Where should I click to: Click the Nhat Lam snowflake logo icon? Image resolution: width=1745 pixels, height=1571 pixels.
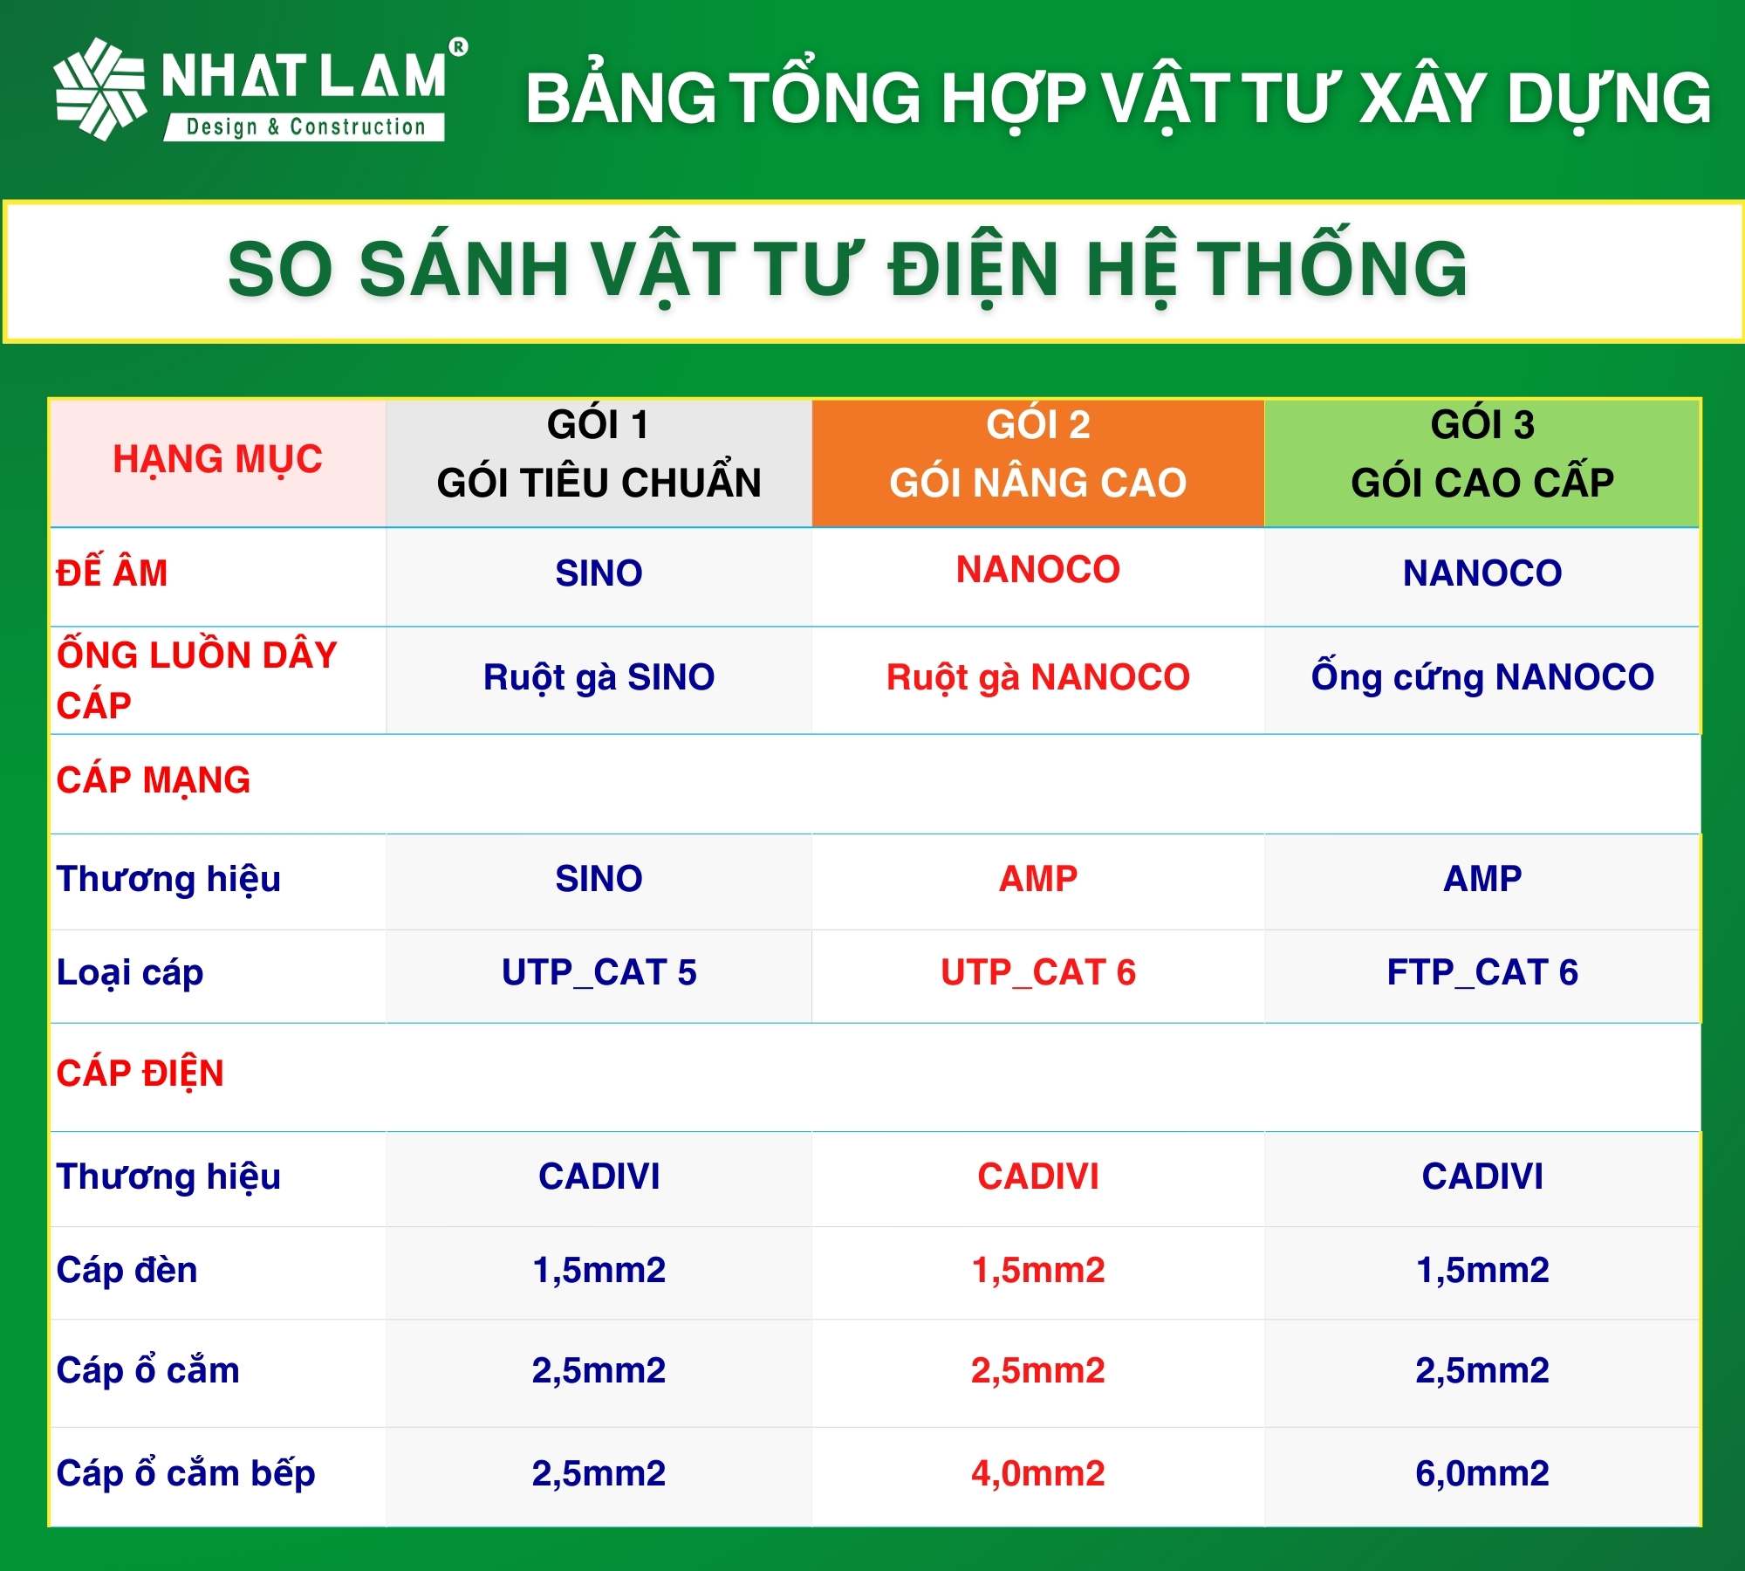[x=99, y=88]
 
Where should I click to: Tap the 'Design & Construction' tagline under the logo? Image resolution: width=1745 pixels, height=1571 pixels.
[x=305, y=127]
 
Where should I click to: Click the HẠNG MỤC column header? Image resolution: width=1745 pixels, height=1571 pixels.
[x=217, y=460]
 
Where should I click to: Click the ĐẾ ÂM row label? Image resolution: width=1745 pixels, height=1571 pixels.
[x=112, y=573]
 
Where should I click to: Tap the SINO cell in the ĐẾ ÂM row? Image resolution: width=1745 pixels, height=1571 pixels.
[x=599, y=573]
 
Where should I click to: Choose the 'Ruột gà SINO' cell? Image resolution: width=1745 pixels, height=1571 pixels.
[x=599, y=677]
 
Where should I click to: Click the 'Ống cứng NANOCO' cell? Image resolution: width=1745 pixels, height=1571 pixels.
[x=1482, y=677]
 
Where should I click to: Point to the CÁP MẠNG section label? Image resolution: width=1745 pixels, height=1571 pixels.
[x=154, y=780]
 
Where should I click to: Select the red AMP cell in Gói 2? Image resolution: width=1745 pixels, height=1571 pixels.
[x=1037, y=878]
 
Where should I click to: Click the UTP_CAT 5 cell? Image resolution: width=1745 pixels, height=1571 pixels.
[x=599, y=972]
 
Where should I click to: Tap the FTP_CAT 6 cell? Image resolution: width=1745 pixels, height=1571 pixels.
[x=1482, y=972]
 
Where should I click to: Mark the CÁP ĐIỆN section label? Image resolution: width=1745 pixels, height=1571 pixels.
[x=140, y=1074]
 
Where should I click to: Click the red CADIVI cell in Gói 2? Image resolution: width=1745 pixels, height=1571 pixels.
[x=1037, y=1177]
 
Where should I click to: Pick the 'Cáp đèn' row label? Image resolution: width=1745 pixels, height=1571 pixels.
[x=127, y=1270]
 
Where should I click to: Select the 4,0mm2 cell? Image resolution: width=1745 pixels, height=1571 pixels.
[x=1037, y=1473]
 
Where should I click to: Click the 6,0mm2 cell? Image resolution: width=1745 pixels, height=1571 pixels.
[x=1482, y=1473]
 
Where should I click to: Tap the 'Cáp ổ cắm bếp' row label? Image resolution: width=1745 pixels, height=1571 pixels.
[x=186, y=1473]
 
